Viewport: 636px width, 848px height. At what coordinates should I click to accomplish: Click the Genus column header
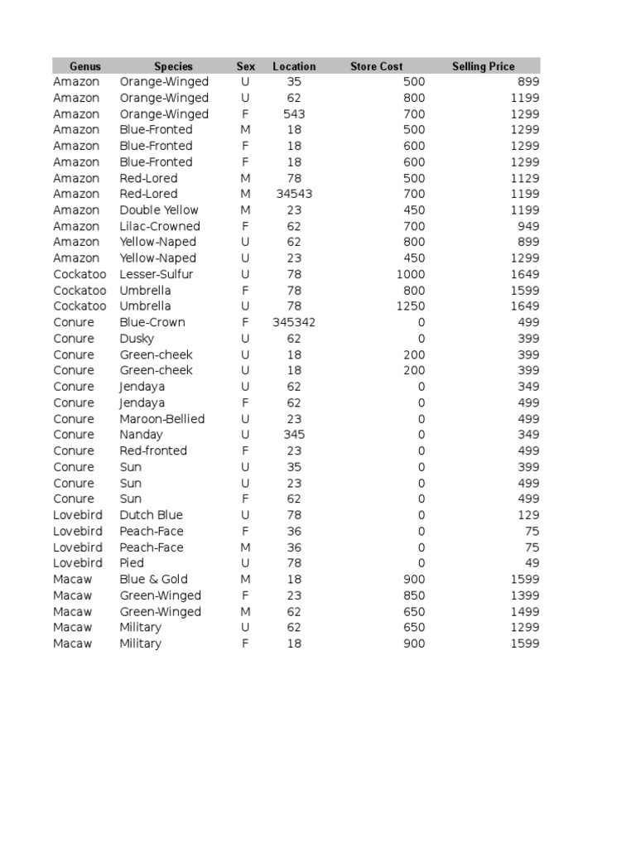pos(84,66)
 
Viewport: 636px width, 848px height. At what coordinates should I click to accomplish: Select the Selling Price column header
pos(483,66)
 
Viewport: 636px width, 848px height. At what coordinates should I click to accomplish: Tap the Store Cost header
pos(376,66)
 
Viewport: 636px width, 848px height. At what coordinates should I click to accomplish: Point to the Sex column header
pos(246,66)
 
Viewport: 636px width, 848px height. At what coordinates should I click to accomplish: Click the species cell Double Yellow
pos(159,210)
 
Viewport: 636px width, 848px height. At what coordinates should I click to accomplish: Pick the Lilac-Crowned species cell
pos(160,226)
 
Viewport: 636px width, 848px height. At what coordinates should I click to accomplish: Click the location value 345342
pos(294,322)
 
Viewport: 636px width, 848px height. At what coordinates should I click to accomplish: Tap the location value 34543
pos(294,194)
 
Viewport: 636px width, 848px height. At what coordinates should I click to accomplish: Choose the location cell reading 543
pos(294,114)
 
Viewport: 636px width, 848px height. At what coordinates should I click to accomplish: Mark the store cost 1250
pos(411,306)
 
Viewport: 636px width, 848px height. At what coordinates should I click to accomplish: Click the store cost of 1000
pos(411,274)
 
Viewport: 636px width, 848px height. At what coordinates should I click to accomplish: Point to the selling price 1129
pos(525,178)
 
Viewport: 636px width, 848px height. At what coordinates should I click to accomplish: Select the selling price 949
pos(528,226)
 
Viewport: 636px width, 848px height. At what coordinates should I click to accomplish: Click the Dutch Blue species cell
pos(151,515)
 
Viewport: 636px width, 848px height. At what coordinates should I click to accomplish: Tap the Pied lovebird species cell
pos(132,563)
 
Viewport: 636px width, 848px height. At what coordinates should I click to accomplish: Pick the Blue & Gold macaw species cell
pos(153,579)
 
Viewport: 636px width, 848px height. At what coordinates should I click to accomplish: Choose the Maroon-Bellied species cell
pos(161,419)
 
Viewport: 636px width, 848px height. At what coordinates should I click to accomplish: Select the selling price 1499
pos(525,611)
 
